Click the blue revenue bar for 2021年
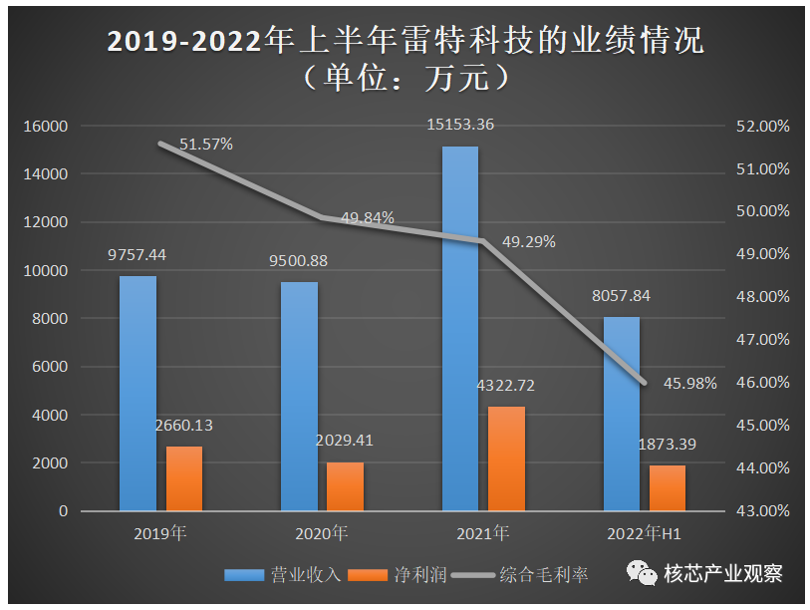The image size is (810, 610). (x=460, y=329)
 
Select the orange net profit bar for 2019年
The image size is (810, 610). (x=184, y=478)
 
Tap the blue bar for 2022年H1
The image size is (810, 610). (x=622, y=414)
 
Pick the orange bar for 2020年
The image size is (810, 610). (x=345, y=486)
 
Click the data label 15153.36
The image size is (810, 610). (x=460, y=125)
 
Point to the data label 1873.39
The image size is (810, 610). (x=667, y=445)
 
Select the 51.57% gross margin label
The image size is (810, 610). (x=206, y=145)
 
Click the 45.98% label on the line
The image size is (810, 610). (x=690, y=384)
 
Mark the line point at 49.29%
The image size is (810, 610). (x=483, y=240)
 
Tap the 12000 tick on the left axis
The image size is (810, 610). (x=46, y=222)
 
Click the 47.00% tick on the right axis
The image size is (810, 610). (x=763, y=340)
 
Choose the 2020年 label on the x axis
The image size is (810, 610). (x=322, y=533)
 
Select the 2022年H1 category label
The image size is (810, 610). (x=645, y=533)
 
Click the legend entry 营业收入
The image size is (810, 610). (x=283, y=575)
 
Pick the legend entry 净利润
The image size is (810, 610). (x=398, y=575)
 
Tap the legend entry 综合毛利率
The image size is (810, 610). (x=519, y=575)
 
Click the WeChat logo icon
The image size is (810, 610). (x=642, y=573)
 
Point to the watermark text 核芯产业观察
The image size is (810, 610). (x=723, y=573)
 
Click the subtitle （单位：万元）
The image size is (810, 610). (x=405, y=78)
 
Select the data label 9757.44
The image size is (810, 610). (x=136, y=255)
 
